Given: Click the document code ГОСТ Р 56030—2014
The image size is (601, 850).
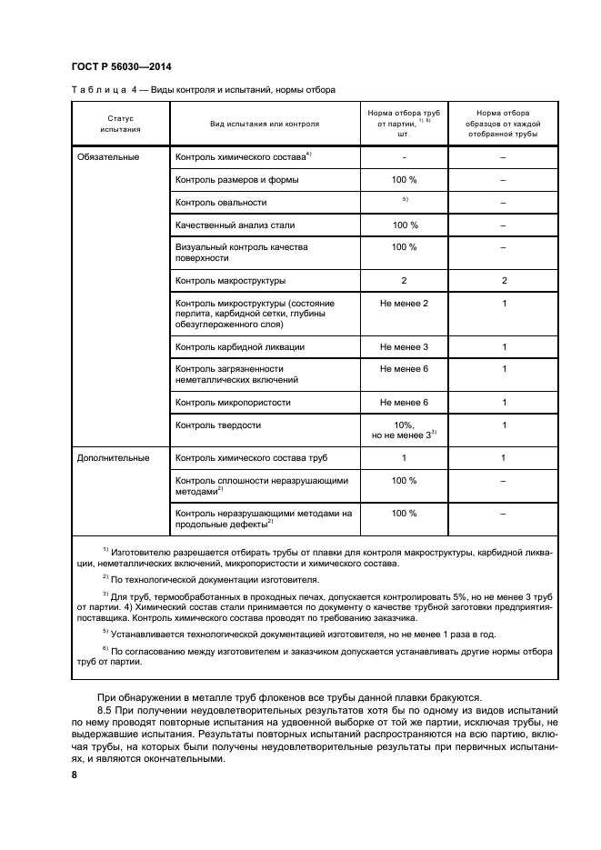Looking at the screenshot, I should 121,67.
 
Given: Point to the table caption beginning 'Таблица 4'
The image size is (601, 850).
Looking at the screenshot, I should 203,90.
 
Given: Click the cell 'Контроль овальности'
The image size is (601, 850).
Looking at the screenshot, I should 221,202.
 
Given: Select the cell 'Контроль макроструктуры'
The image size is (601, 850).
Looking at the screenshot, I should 230,280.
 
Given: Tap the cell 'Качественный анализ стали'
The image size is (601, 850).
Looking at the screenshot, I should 235,225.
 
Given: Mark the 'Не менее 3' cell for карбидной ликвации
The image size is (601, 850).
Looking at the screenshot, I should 404,346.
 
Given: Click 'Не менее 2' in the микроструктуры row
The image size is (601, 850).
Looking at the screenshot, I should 404,303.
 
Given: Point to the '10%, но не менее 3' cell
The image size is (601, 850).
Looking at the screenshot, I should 404,430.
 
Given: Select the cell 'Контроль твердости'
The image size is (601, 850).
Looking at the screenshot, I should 218,425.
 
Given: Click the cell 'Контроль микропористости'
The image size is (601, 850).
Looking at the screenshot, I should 230,402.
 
